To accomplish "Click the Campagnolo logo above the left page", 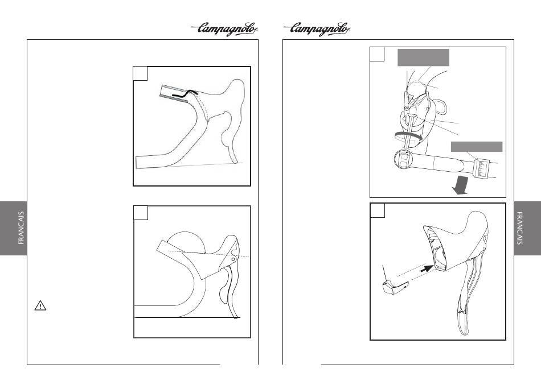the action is (x=224, y=29).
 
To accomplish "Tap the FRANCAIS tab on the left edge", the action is (x=14, y=228).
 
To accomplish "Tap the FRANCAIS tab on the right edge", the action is (x=527, y=228).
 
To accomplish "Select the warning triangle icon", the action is (x=40, y=305).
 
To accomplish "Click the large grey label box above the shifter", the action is (x=423, y=57).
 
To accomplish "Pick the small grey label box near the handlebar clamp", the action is (x=477, y=146).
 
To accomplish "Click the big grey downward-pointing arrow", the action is (x=460, y=185).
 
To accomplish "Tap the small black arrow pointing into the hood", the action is (x=427, y=268).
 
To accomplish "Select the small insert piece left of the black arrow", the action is (x=395, y=288).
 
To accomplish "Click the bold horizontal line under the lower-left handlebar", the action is (x=188, y=317).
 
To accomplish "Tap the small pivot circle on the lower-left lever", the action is (x=233, y=259).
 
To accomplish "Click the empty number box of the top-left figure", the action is (x=140, y=73).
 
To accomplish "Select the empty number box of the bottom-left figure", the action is (x=141, y=213).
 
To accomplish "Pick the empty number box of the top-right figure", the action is (x=377, y=54).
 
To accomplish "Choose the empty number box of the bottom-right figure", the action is (x=378, y=210).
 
